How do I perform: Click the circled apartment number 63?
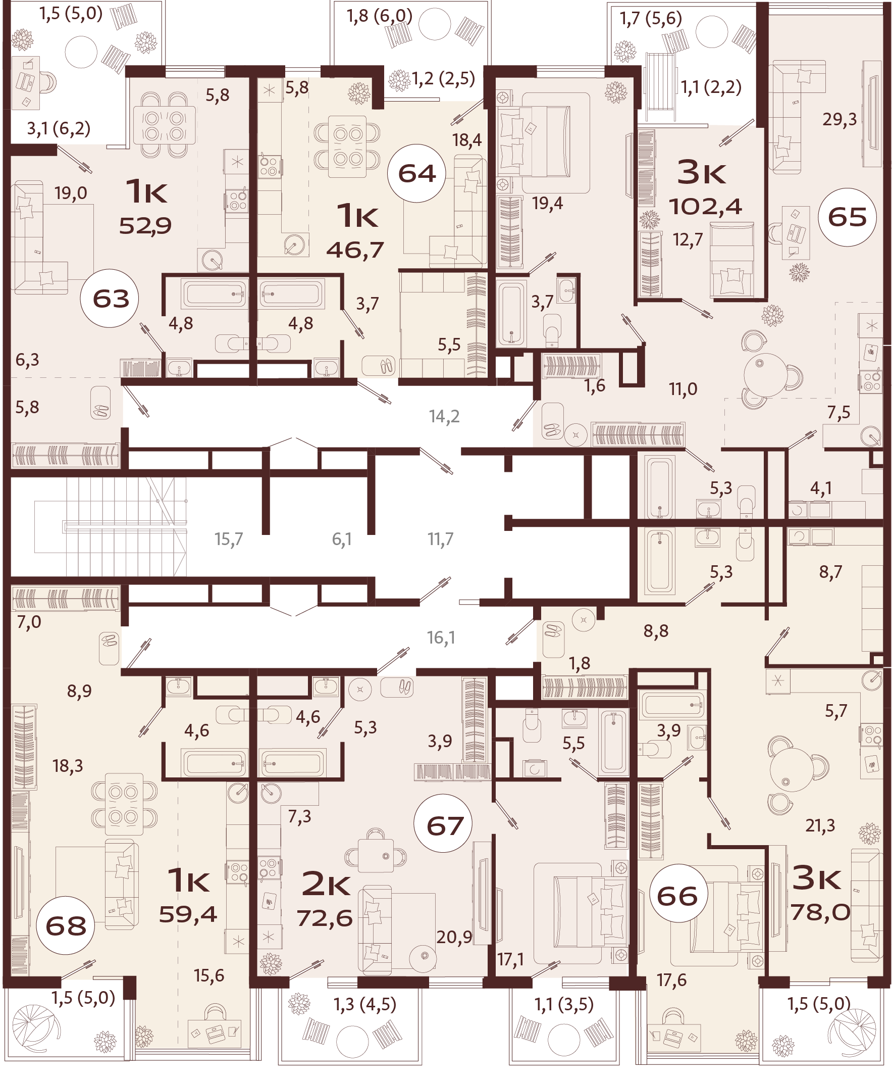[x=111, y=299]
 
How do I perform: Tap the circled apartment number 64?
[x=417, y=173]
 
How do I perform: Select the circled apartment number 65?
[x=847, y=217]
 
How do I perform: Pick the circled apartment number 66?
[x=677, y=896]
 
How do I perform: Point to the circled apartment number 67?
[x=445, y=825]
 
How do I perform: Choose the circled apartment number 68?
[x=66, y=925]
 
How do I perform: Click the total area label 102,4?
[x=705, y=207]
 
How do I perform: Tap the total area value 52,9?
[x=145, y=225]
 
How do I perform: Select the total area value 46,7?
[x=355, y=250]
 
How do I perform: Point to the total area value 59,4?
[x=188, y=914]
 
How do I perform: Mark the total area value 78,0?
[x=820, y=912]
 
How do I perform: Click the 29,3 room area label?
[x=839, y=120]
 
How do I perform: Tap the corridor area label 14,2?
[x=444, y=416]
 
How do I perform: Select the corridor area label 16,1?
[x=441, y=638]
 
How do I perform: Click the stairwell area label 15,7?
[x=229, y=539]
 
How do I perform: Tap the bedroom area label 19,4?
[x=547, y=203]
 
